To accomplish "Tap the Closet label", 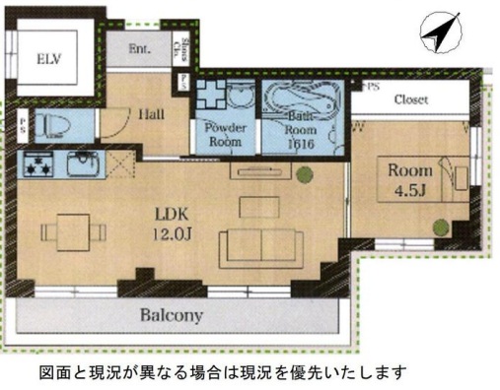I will [410, 99].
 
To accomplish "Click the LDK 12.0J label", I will [167, 223].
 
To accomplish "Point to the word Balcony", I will [170, 316].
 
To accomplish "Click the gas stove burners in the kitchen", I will [40, 166].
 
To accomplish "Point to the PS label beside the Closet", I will [370, 88].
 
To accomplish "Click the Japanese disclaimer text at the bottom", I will [222, 372].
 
